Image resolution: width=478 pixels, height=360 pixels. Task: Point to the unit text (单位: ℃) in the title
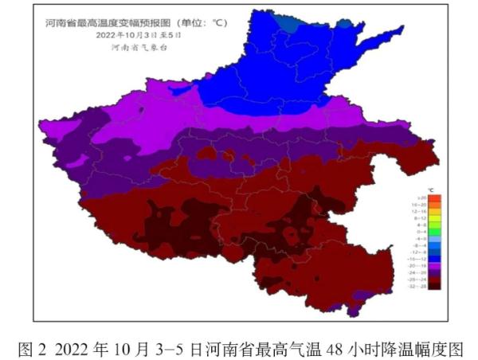(x=206, y=24)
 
